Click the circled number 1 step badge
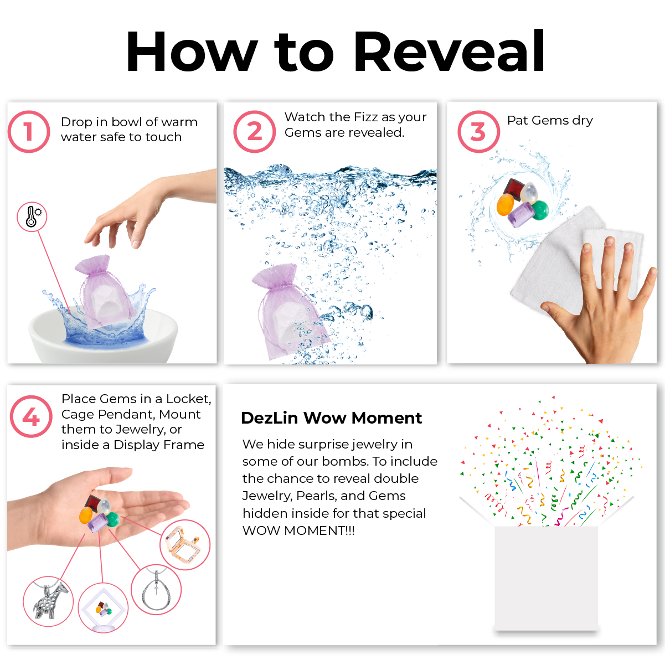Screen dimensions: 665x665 (x=29, y=131)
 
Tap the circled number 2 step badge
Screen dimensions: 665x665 (x=254, y=131)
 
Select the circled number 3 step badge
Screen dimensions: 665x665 (x=478, y=131)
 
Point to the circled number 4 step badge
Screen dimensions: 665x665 (x=31, y=416)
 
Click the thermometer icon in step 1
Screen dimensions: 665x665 (x=32, y=216)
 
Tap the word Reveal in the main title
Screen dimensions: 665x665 (x=449, y=51)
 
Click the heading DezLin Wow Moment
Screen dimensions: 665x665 (x=331, y=418)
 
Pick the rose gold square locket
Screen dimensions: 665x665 (x=183, y=544)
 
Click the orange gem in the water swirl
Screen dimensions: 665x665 (x=505, y=204)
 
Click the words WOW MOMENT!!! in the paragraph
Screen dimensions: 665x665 (x=298, y=530)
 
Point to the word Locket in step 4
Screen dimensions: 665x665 (x=188, y=399)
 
